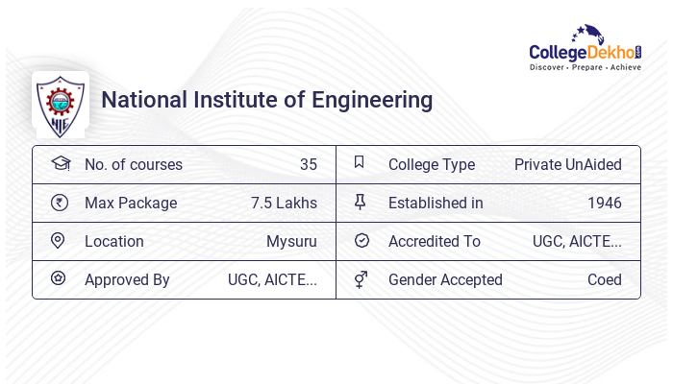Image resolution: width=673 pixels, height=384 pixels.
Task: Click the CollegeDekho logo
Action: [x=586, y=48]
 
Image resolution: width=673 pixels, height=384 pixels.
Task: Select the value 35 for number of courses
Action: [x=308, y=164]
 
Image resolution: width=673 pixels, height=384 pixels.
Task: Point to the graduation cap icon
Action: [x=60, y=164]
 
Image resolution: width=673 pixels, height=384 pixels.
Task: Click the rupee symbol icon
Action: [x=59, y=203]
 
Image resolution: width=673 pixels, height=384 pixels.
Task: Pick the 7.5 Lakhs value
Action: [x=284, y=203]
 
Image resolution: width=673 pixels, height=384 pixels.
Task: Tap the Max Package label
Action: [x=131, y=203]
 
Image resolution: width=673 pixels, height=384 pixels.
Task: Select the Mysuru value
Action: [x=291, y=241]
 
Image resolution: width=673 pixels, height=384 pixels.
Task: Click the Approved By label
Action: [x=127, y=279]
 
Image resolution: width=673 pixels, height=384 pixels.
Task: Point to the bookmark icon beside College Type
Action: [x=360, y=163]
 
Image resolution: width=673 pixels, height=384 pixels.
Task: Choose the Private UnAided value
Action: [x=567, y=164]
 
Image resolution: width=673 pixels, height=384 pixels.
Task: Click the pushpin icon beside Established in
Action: [x=361, y=203]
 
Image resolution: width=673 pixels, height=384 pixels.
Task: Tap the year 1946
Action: [x=604, y=203]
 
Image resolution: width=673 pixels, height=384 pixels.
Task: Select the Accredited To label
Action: [x=434, y=241]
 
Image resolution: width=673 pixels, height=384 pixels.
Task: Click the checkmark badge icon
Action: [x=361, y=241]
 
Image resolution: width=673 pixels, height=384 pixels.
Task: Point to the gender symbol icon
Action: [x=361, y=279]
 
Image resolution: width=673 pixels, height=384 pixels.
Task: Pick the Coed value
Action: [x=604, y=279]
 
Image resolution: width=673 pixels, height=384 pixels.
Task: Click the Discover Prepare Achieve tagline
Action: [x=586, y=68]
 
